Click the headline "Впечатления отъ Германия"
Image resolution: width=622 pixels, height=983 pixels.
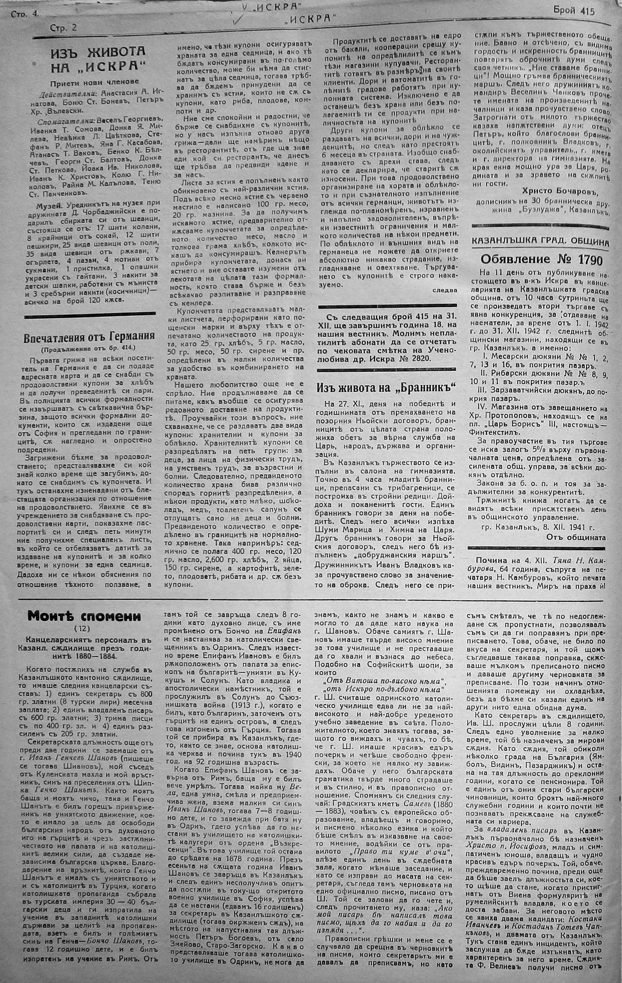tap(89, 336)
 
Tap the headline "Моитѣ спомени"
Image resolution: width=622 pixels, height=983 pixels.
tap(83, 617)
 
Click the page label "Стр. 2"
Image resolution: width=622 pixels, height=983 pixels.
tap(63, 28)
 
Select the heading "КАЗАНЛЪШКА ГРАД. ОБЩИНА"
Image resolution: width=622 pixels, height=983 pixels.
tap(540, 242)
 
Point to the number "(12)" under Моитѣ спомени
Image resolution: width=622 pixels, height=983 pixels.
tap(83, 628)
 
